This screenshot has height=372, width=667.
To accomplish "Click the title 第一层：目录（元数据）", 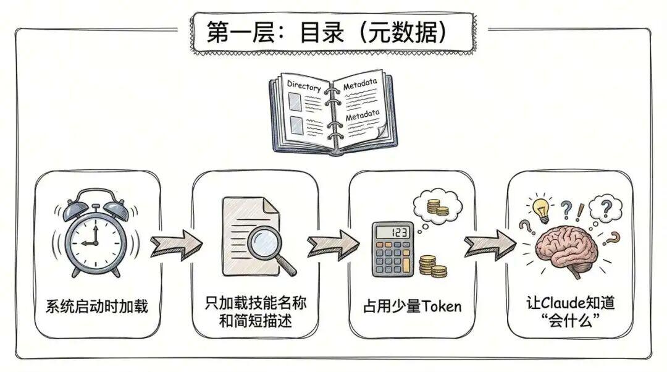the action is (327, 32).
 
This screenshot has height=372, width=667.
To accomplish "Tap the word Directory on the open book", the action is (304, 86).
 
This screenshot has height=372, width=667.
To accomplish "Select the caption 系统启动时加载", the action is (96, 306).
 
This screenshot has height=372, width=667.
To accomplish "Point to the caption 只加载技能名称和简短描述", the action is (255, 311).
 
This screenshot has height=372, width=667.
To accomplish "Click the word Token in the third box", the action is (442, 306).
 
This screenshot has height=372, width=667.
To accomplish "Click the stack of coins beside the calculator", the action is (432, 266).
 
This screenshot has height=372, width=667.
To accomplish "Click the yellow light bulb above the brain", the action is (542, 209).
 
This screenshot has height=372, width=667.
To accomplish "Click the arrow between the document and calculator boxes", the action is (333, 244).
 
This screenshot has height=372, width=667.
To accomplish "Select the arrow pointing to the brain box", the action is (490, 244).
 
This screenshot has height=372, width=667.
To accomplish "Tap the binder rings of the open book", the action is (332, 115).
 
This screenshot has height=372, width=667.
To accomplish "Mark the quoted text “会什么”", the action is (569, 319).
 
